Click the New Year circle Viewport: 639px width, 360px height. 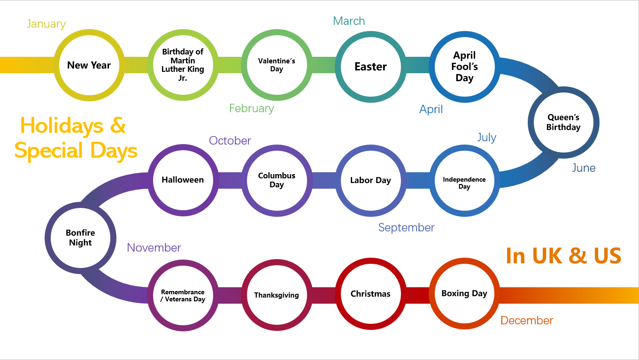89,65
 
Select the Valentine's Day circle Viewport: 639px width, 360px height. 277,65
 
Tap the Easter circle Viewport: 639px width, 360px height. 370,67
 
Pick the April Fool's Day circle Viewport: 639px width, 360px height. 464,67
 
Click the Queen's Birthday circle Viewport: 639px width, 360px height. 563,123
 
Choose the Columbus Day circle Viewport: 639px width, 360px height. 277,180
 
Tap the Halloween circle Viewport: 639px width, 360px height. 183,180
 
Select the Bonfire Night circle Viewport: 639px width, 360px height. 80,237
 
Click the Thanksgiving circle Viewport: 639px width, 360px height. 277,295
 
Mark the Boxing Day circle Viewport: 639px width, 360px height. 464,294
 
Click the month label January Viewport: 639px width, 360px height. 46,24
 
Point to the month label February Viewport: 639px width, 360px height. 251,108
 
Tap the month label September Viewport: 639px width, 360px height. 406,228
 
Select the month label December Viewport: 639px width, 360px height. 526,321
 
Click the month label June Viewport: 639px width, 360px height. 583,168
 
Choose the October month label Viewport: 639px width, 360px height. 230,141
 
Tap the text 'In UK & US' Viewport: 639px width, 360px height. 563,256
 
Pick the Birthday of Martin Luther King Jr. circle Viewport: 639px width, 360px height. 183,65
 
